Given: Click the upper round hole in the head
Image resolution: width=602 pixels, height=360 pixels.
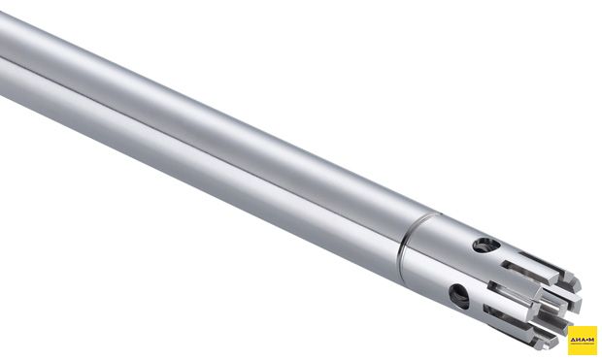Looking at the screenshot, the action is pos(486,245).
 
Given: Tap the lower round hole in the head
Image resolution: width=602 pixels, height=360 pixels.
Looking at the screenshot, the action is pos(459,295).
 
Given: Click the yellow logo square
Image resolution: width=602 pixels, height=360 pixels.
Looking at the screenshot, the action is pos(583,341).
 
